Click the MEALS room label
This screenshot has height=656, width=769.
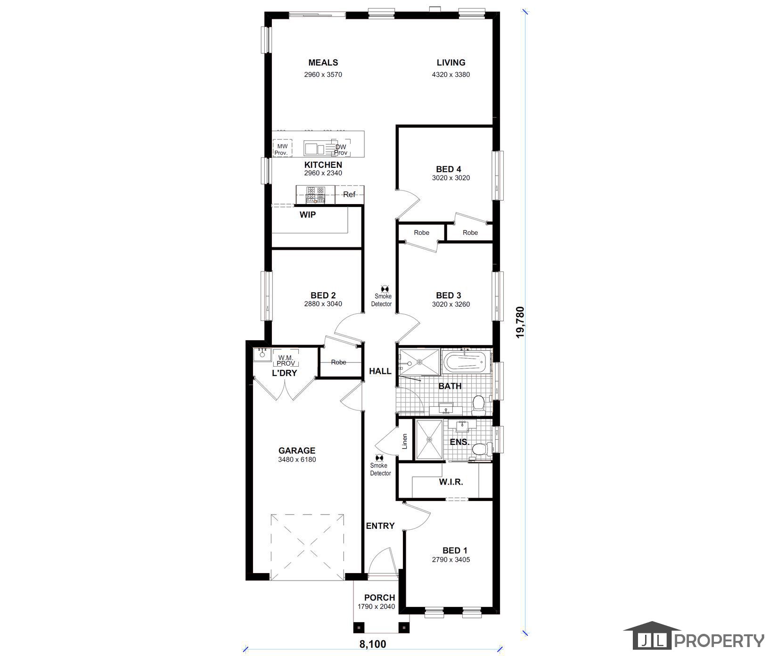323,62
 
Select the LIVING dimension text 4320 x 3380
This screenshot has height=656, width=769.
451,74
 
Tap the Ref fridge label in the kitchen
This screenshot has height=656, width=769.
349,194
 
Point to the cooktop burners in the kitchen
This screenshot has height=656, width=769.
316,195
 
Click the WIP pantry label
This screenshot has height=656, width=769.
308,215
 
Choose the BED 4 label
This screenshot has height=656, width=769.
449,169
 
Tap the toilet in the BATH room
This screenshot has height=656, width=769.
479,405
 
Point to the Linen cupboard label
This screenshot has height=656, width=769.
404,441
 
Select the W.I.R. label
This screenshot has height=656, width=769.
451,482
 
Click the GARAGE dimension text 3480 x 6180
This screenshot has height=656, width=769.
297,459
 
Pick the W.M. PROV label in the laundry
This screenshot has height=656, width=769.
286,361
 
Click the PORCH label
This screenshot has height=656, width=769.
379,598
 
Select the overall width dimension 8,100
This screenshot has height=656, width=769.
373,644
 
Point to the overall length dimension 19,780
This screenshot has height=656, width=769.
520,322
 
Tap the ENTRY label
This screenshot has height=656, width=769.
380,526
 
